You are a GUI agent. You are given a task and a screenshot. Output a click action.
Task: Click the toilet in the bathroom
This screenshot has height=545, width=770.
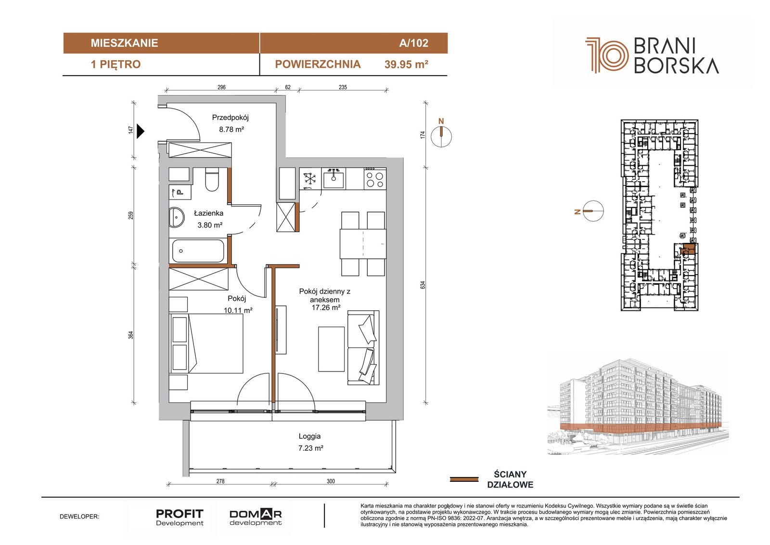tap(212, 179)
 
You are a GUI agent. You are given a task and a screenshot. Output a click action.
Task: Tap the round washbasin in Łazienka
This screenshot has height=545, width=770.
tap(177, 217)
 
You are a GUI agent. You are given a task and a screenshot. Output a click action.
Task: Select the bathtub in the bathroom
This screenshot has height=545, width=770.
tap(198, 251)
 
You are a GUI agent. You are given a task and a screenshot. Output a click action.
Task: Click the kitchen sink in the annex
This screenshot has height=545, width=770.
tap(334, 178)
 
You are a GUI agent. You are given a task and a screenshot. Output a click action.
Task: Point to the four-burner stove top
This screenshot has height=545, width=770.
tap(375, 178)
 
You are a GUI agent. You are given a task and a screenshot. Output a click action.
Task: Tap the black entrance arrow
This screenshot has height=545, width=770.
tap(140, 131)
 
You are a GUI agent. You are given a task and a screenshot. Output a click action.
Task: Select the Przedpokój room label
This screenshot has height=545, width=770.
tap(230, 118)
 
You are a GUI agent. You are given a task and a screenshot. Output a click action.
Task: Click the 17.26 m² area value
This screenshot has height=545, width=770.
tap(326, 307)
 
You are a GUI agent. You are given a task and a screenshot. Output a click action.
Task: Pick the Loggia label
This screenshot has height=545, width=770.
tap(309, 436)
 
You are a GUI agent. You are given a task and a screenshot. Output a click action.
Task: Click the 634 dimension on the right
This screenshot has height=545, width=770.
tap(423, 285)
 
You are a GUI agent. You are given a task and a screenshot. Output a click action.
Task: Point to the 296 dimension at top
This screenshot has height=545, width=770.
tap(221, 87)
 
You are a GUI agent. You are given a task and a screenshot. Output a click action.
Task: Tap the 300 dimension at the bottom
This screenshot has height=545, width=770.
tap(331, 481)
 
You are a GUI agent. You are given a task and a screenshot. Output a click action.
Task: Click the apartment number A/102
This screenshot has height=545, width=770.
tap(413, 43)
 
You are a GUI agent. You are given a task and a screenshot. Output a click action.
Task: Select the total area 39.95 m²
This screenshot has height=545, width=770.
tap(406, 65)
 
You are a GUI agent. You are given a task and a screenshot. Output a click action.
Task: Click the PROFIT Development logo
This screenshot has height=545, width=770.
tap(180, 517)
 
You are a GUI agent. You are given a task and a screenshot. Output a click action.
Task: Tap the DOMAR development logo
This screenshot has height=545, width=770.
tap(256, 517)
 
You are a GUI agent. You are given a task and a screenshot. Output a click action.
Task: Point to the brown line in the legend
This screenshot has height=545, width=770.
tap(464, 479)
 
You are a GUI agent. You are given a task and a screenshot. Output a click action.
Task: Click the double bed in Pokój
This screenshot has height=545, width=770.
tap(206, 343)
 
